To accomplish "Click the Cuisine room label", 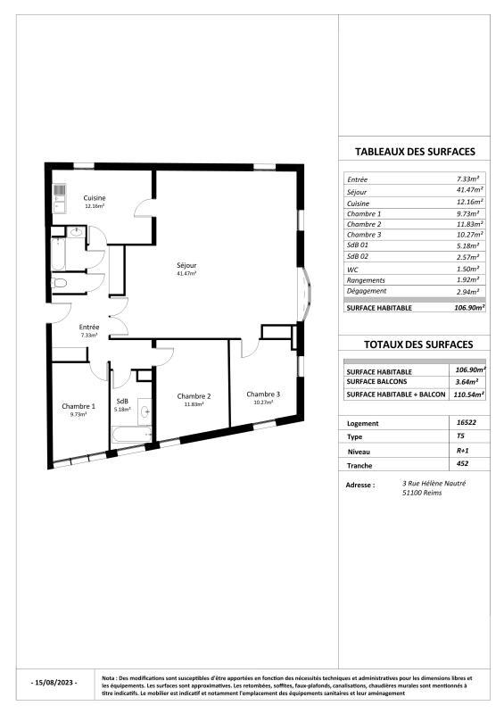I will [95, 197].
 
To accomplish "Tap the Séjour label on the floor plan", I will [186, 265].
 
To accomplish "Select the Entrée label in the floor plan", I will [89, 328].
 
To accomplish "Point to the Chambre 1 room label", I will [78, 407].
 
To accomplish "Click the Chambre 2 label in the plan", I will [194, 396].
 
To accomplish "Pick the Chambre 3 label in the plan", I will [263, 394].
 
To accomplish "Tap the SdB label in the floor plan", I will [122, 402].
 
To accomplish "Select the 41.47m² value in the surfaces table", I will [469, 190].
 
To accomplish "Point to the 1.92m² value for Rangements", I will [469, 279].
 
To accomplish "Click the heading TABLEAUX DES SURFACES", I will [415, 152].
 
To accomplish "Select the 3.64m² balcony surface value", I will [469, 381].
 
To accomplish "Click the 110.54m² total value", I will [469, 394].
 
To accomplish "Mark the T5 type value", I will [460, 437].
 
